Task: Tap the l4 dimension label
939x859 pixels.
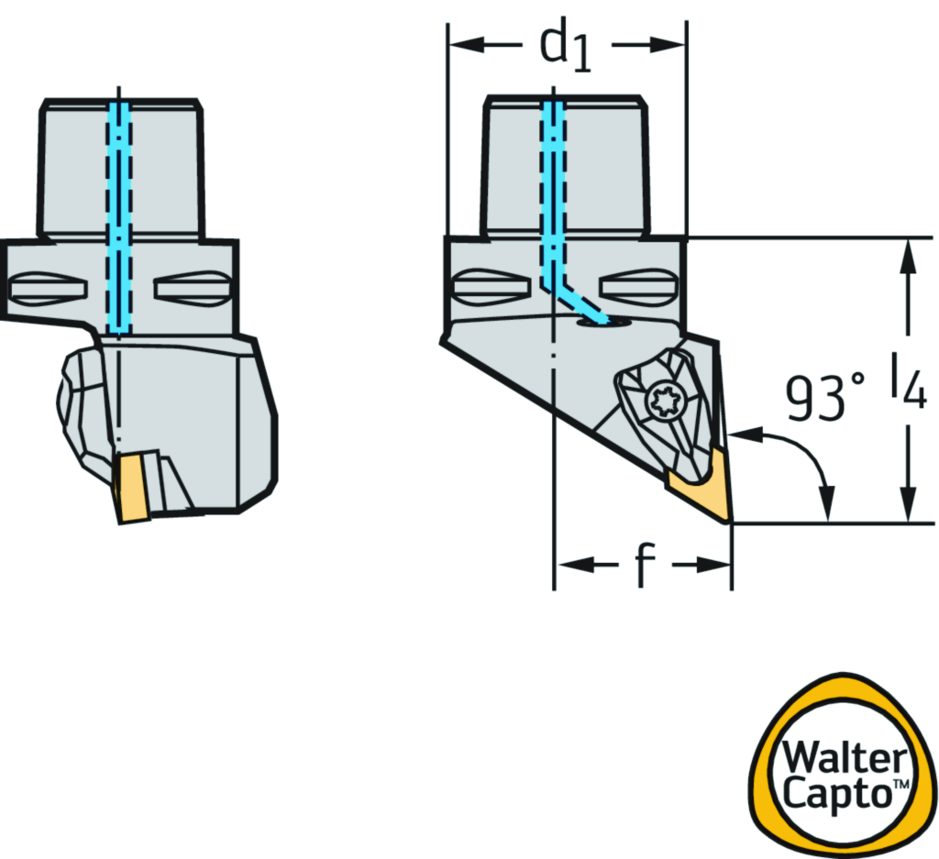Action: (907, 384)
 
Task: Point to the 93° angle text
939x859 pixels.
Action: (824, 396)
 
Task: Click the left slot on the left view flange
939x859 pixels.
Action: (50, 288)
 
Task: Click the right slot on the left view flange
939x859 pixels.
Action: (192, 288)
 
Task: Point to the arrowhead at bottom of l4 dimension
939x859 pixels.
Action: (908, 509)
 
